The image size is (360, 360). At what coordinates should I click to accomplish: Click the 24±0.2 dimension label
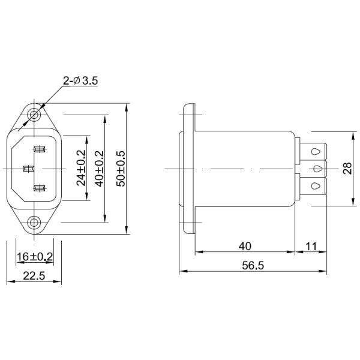click(82, 168)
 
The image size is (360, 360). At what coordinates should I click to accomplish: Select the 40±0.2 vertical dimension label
click(100, 168)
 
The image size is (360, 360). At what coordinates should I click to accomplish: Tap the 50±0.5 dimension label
click(120, 168)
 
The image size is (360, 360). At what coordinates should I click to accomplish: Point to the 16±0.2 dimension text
click(34, 257)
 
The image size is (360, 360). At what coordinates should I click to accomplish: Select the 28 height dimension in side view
click(347, 168)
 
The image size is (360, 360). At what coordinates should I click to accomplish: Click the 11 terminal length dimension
click(312, 246)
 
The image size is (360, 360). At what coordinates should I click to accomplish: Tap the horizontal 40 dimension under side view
click(245, 246)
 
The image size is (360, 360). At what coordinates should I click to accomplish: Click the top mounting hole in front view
click(34, 114)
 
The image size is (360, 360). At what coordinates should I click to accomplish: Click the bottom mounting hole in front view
click(34, 223)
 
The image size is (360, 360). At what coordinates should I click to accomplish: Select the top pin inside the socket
click(40, 149)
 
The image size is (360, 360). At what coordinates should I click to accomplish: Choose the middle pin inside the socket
click(27, 169)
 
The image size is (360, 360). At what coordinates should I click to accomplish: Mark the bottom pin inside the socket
click(40, 188)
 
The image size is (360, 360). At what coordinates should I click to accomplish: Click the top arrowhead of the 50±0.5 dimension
click(127, 109)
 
